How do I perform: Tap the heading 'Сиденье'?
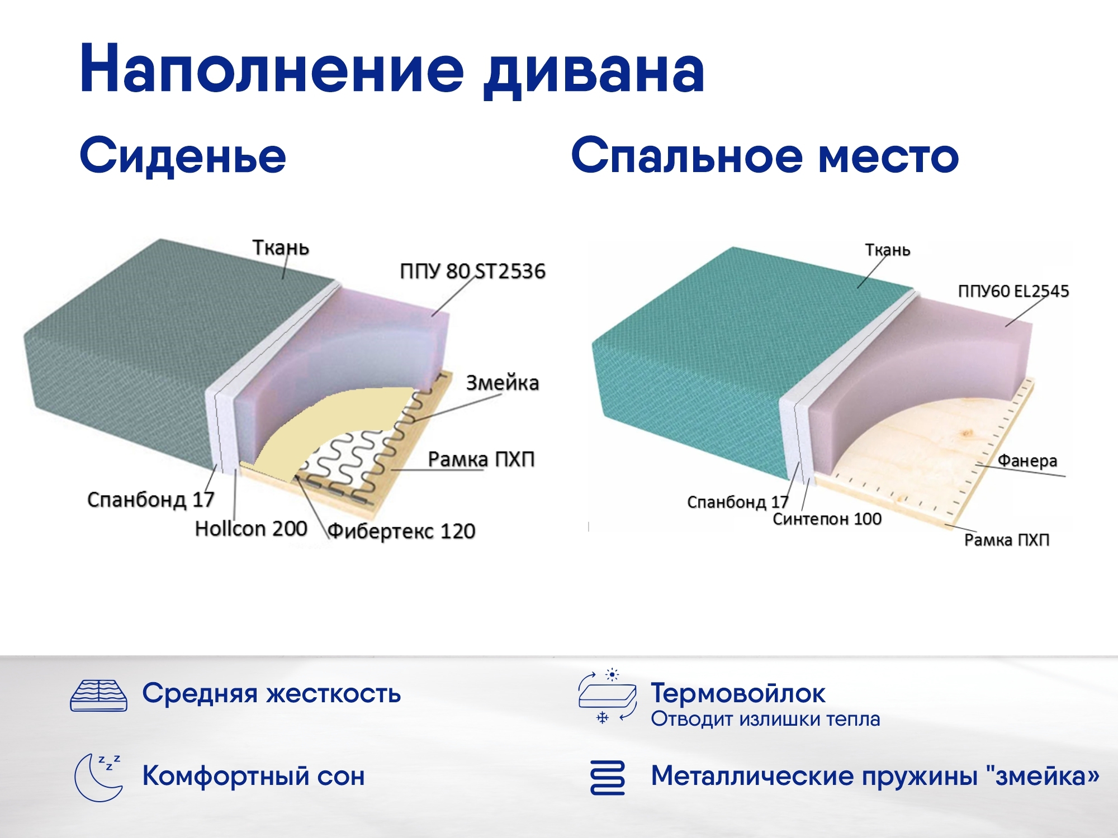point(183,155)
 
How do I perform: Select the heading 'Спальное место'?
point(764,155)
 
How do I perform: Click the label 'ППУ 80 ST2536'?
point(472,272)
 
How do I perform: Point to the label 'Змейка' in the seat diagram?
point(502,383)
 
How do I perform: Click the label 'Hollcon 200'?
point(251,528)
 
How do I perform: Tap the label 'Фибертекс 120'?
point(401,531)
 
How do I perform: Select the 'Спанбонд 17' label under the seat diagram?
point(150,499)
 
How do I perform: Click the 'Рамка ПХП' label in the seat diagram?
point(481,459)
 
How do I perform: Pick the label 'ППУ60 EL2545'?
point(1013,291)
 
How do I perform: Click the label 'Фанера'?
point(1027,461)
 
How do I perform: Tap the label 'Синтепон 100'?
point(827,519)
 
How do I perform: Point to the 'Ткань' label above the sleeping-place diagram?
point(888,250)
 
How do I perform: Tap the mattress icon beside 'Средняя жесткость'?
point(98,696)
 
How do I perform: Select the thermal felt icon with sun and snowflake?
point(607,696)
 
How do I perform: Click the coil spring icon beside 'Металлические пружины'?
point(607,777)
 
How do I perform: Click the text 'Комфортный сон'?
point(253,776)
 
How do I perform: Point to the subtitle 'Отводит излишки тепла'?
point(765,719)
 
